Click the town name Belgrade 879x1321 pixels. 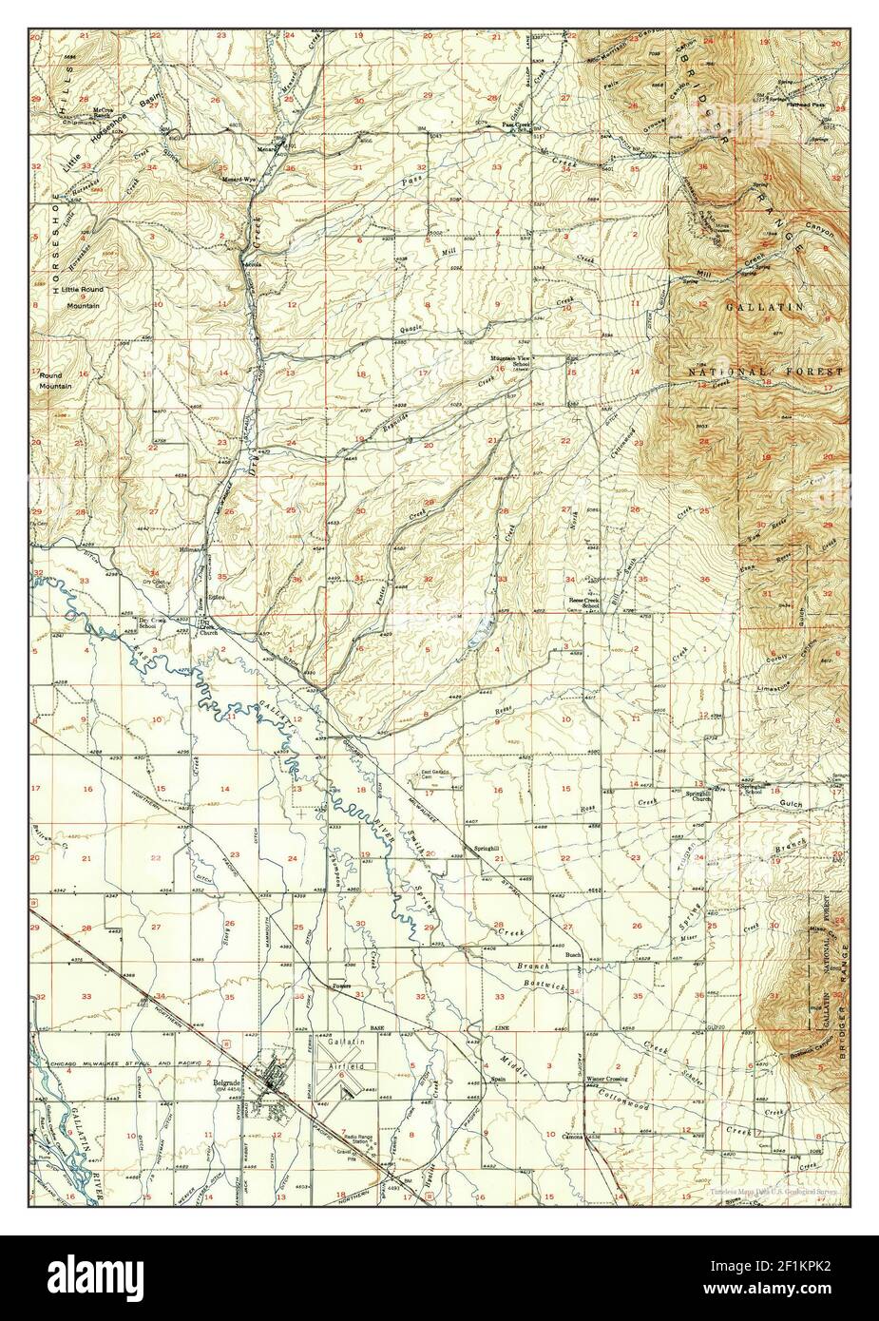[224, 1082]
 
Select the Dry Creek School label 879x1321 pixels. [147, 623]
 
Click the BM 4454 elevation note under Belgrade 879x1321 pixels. [224, 1090]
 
